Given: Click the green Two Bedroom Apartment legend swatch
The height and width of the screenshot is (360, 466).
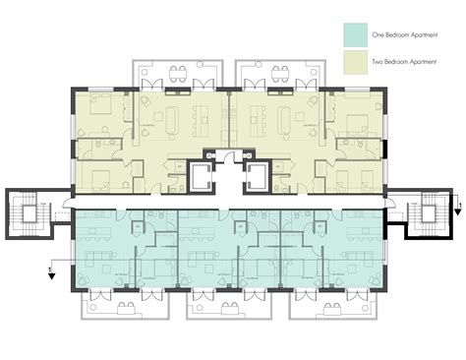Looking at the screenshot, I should (x=354, y=60).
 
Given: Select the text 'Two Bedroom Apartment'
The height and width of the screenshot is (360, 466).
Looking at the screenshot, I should (x=403, y=60).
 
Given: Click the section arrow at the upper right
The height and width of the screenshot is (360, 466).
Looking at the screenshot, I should (x=455, y=204).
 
